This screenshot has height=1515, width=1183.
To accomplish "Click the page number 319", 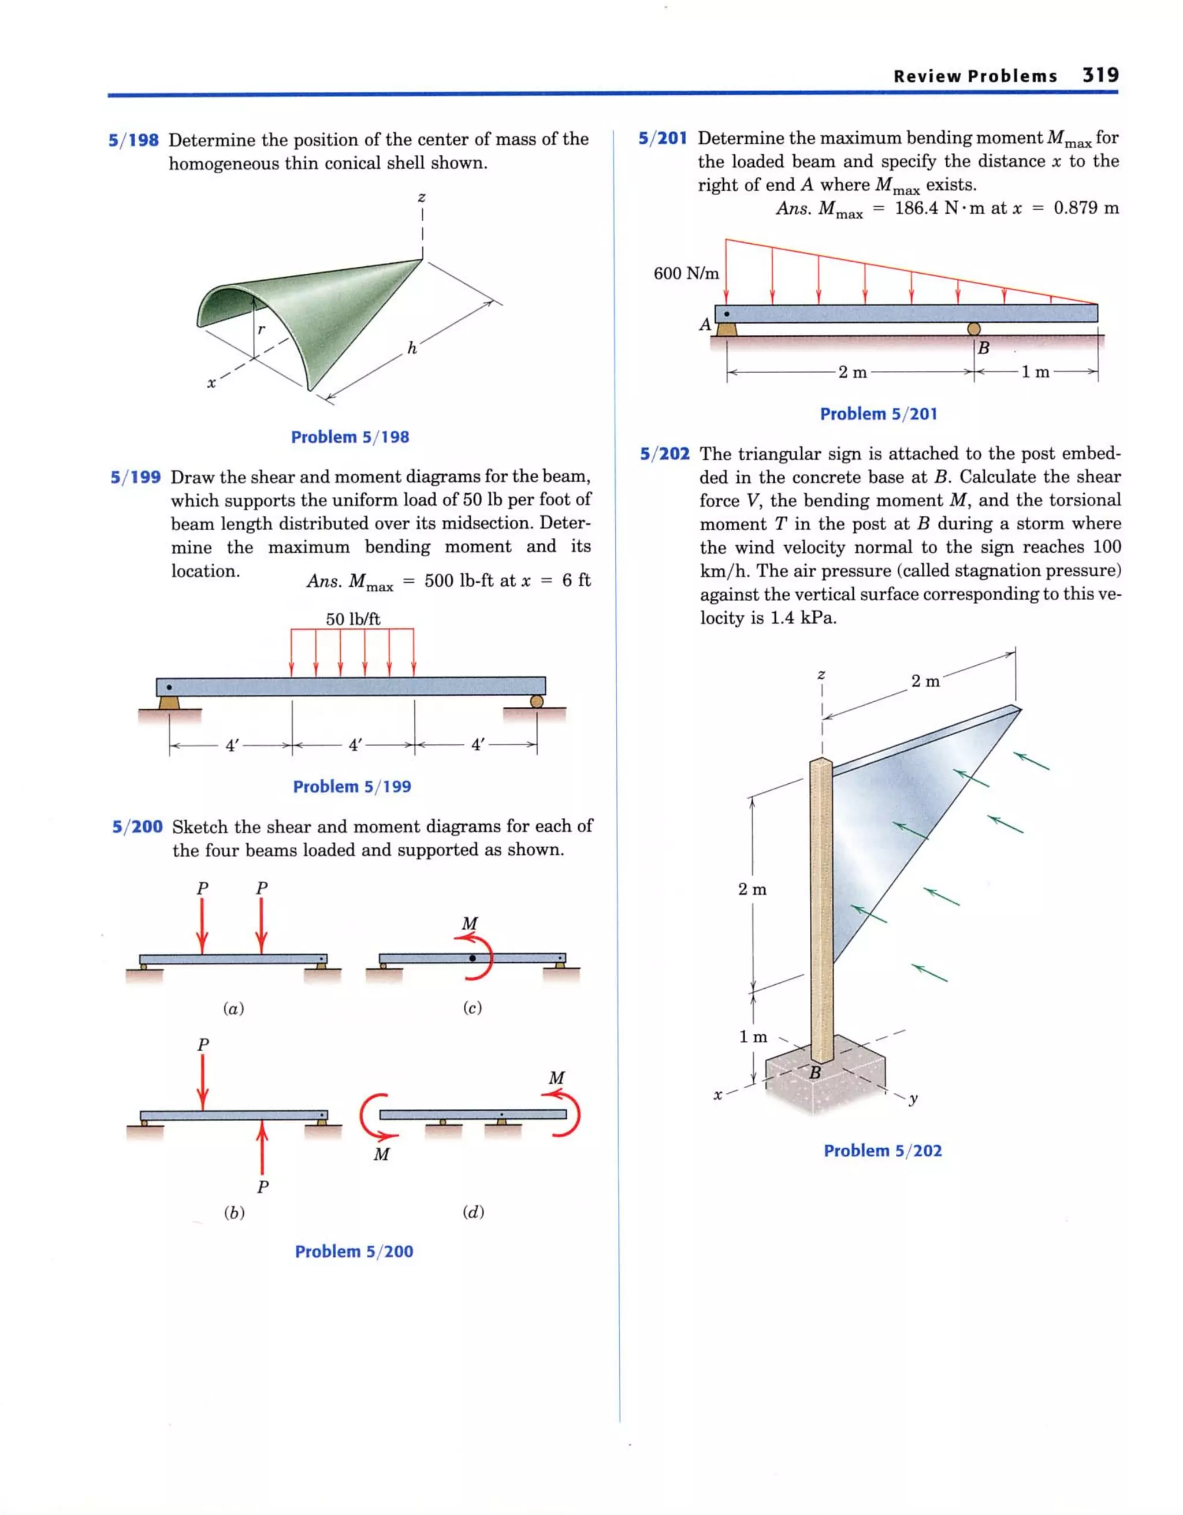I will (1100, 75).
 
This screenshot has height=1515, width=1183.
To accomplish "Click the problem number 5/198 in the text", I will (134, 140).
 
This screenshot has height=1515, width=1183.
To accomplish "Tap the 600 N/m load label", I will (686, 273).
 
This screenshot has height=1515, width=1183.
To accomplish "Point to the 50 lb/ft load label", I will (352, 619).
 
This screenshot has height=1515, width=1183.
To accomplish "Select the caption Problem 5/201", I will (879, 414).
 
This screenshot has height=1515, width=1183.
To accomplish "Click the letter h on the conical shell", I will (412, 349).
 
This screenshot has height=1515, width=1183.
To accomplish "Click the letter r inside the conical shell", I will (261, 329).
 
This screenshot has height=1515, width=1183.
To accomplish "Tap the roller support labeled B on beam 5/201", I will (973, 329).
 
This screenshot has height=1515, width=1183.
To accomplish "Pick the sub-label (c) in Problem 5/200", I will (472, 1008).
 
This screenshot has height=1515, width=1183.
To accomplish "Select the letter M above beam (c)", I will (470, 924).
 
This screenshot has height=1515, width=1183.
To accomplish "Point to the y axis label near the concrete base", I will (913, 1098).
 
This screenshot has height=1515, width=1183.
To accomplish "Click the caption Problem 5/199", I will (352, 787).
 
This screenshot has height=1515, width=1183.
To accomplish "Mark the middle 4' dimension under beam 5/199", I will (355, 746).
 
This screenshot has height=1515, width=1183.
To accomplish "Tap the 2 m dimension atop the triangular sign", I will (925, 681).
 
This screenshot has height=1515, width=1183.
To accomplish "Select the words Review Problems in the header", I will (975, 76).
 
